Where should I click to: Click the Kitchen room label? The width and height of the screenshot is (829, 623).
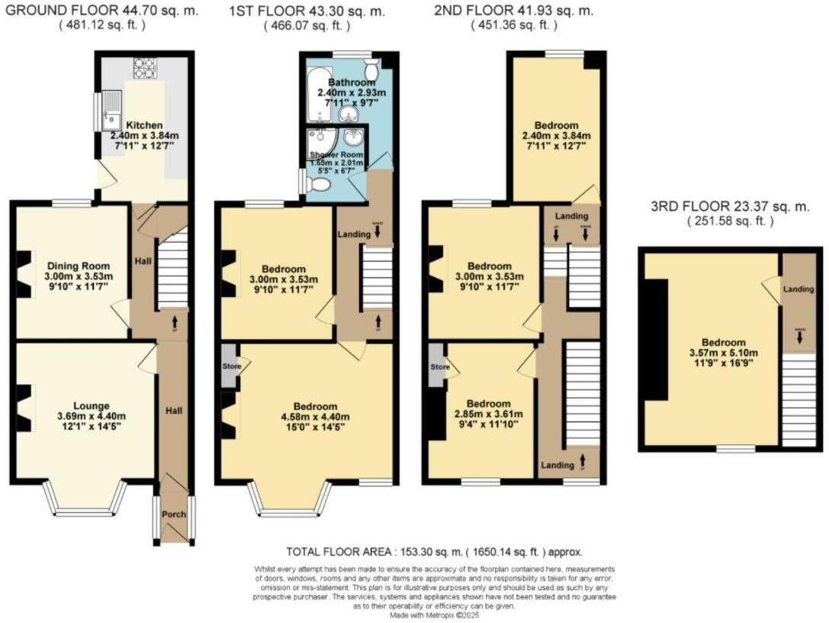pos(143,125)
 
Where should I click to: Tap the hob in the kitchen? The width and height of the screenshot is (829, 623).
pos(144,68)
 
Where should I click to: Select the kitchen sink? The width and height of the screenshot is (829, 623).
pos(111,111)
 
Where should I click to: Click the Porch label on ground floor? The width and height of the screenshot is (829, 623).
pos(174,514)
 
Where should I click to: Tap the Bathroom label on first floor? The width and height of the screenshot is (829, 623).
pos(352,82)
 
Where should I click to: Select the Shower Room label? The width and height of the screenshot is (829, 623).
pos(336,155)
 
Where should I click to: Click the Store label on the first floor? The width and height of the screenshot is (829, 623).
pos(232,367)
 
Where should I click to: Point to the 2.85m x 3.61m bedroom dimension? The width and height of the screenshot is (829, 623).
pos(488,415)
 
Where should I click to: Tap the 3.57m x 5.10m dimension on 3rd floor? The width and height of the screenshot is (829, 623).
pos(715,353)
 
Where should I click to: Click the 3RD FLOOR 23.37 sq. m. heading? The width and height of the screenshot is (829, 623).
pos(730,207)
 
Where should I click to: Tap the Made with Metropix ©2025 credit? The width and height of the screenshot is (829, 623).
pos(435,615)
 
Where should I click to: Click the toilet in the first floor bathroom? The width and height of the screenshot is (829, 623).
pos(372,61)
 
